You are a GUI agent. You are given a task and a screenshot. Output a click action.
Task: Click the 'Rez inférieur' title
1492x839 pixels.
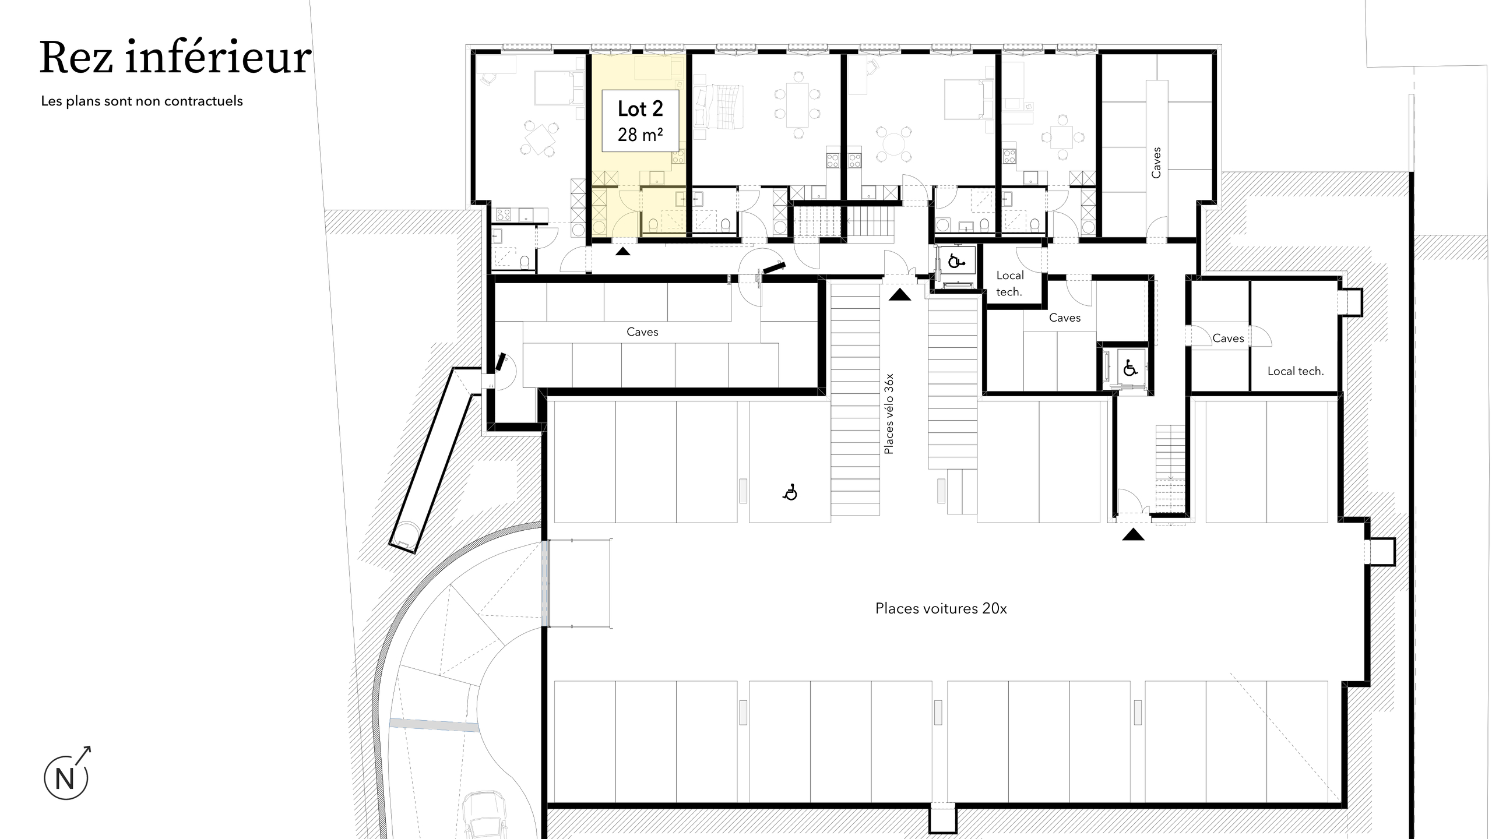pos(175,58)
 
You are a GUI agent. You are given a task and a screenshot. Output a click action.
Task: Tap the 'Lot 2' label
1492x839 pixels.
pos(640,109)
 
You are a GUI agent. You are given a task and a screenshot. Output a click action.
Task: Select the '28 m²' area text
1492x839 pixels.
pos(640,135)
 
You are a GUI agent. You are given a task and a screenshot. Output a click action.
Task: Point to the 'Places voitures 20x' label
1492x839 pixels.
pos(941,608)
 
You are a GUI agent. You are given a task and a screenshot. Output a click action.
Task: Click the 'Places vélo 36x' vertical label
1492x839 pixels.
pos(888,414)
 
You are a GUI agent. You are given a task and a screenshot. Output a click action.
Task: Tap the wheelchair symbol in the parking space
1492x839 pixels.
pos(790,493)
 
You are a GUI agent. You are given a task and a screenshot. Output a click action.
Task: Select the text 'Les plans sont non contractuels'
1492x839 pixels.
pos(142,101)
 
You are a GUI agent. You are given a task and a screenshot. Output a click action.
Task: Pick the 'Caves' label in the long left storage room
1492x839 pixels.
pos(642,332)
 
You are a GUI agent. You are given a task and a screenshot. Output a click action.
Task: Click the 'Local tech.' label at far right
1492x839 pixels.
pos(1296,371)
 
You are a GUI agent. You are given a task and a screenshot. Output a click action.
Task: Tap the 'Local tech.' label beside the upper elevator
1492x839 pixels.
pos(1009,283)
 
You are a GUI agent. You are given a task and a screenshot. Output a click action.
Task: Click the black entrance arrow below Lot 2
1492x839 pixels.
pos(622,251)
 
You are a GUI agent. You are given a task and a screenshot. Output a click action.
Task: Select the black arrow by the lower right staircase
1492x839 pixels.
pos(1133,534)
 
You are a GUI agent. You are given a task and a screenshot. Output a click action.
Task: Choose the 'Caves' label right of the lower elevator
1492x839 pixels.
pos(1228,338)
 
